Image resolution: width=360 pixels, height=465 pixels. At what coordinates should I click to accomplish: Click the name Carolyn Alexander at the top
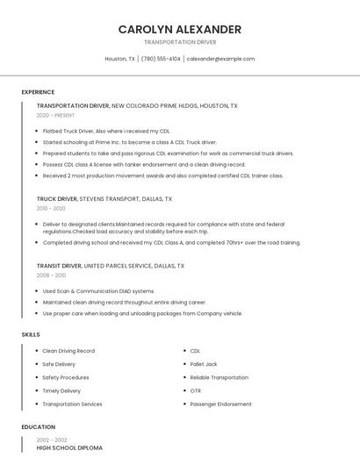pyautogui.click(x=180, y=29)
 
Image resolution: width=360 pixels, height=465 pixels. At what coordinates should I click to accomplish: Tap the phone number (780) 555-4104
pyautogui.click(x=161, y=59)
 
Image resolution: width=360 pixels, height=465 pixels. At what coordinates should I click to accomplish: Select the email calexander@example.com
pyautogui.click(x=220, y=59)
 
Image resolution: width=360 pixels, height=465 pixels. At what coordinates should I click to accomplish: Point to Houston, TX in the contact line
pyautogui.click(x=119, y=59)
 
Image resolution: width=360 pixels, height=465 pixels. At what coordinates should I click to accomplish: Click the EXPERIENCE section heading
pyautogui.click(x=38, y=91)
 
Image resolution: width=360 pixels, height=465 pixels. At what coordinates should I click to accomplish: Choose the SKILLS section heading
pyautogui.click(x=31, y=334)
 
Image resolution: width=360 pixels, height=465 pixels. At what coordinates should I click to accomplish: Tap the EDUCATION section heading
pyautogui.click(x=39, y=427)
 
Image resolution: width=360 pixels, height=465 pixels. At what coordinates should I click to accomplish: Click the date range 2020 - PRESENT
pyautogui.click(x=55, y=115)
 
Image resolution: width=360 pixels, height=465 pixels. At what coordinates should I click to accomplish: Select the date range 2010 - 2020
pyautogui.click(x=51, y=209)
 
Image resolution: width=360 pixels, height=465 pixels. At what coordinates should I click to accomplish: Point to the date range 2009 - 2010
pyautogui.click(x=51, y=275)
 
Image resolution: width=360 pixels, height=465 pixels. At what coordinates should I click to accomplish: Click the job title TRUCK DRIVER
pyautogui.click(x=57, y=199)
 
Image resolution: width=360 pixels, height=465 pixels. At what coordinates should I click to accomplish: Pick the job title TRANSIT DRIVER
pyautogui.click(x=59, y=265)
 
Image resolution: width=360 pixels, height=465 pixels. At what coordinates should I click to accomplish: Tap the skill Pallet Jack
pyautogui.click(x=204, y=364)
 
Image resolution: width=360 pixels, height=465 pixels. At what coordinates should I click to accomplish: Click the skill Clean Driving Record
pyautogui.click(x=68, y=351)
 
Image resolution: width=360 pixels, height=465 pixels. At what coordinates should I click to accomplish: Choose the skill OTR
pyautogui.click(x=195, y=390)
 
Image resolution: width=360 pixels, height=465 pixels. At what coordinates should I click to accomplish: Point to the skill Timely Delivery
pyautogui.click(x=61, y=390)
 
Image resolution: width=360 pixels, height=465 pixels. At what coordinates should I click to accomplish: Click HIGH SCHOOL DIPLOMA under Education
pyautogui.click(x=69, y=448)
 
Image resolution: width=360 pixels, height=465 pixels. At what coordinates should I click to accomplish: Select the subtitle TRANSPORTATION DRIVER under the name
pyautogui.click(x=180, y=42)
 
